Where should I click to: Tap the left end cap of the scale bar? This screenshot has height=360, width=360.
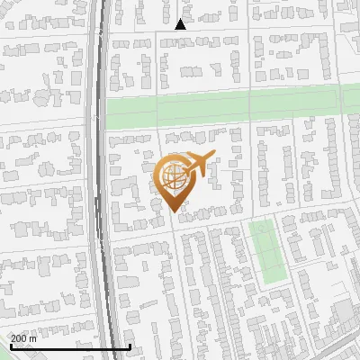tap(11, 346)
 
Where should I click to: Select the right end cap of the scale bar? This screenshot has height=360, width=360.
tap(130, 346)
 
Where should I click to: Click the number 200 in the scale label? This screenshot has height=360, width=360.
tap(22, 338)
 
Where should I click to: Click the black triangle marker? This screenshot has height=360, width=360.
tap(180, 25)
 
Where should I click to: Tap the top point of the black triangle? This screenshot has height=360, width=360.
tap(180, 20)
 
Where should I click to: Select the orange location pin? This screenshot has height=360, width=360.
tap(175, 180)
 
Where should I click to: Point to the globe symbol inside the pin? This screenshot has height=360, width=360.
tap(172, 176)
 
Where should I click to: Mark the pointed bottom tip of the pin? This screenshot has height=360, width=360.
tap(175, 211)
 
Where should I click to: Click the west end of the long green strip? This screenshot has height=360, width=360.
tap(111, 114)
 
